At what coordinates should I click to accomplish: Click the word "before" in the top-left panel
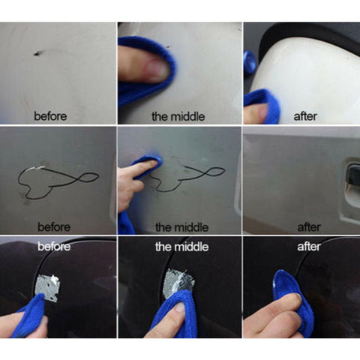tap(50, 116)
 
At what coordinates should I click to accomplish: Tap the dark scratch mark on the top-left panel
tap(38, 53)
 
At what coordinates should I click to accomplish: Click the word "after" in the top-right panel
tap(305, 116)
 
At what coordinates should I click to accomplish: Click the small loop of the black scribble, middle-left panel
tap(88, 177)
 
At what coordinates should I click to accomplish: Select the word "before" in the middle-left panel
tap(54, 227)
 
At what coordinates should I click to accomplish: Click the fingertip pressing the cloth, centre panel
tap(152, 163)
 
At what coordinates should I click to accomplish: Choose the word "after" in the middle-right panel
tap(309, 227)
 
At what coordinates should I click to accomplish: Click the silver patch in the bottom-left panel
tap(47, 287)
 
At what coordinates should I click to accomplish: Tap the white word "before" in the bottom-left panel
tap(54, 247)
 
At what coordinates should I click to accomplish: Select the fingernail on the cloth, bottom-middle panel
tap(181, 307)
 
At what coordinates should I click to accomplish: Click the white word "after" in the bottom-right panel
tap(309, 247)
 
